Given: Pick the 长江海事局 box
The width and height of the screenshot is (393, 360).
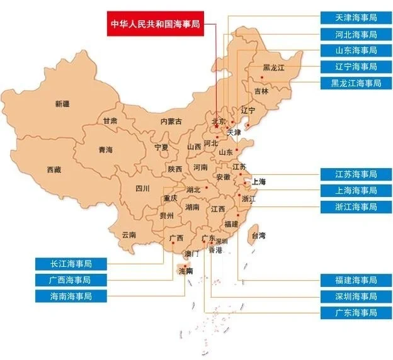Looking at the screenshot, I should pyautogui.click(x=71, y=263).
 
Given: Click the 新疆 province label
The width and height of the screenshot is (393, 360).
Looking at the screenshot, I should pyautogui.click(x=63, y=104).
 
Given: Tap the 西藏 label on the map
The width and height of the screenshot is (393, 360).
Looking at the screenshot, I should pyautogui.click(x=54, y=170).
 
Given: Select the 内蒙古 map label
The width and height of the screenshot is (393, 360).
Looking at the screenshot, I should pyautogui.click(x=171, y=121).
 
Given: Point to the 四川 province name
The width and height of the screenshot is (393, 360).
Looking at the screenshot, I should pyautogui.click(x=142, y=188).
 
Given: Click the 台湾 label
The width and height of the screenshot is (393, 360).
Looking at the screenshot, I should pyautogui.click(x=258, y=236).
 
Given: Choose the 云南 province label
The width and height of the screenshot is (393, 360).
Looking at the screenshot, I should pyautogui.click(x=128, y=234).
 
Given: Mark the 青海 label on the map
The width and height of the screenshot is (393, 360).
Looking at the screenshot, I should pyautogui.click(x=105, y=150).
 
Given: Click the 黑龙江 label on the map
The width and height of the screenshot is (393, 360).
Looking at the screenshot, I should pyautogui.click(x=275, y=67).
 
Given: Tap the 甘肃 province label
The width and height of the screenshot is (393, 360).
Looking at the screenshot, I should pyautogui.click(x=110, y=121).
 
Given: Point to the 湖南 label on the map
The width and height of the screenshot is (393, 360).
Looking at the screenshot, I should pyautogui.click(x=192, y=207).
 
